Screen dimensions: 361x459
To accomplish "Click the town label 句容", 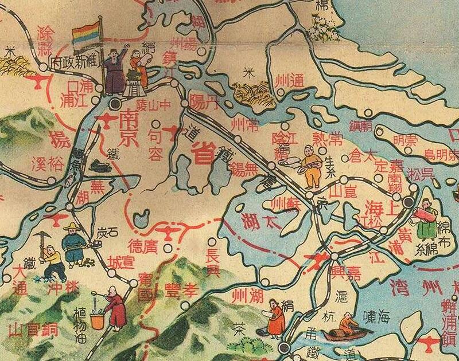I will pos(155,144).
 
